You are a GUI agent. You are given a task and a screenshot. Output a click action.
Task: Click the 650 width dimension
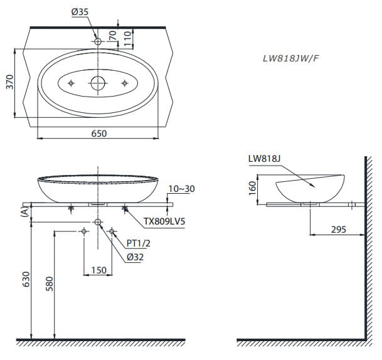[x=99, y=133]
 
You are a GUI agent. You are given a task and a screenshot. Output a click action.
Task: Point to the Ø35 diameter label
[x=79, y=12]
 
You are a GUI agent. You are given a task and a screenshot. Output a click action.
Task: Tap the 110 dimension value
[x=127, y=38]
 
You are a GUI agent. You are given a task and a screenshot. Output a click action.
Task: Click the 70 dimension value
[x=114, y=35]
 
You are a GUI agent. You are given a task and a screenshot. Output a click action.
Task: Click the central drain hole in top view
[x=98, y=83]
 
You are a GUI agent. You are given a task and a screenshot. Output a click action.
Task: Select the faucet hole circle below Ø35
[x=98, y=41]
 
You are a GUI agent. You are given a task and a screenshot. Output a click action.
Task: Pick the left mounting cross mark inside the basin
[x=71, y=83]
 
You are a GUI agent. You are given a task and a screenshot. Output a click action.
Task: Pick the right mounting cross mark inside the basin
[x=126, y=83]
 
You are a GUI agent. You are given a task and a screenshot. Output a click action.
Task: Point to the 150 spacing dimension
[x=98, y=270]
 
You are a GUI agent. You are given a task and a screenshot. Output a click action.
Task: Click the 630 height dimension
[x=25, y=280]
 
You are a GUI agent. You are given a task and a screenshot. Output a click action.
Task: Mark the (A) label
[x=24, y=212]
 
